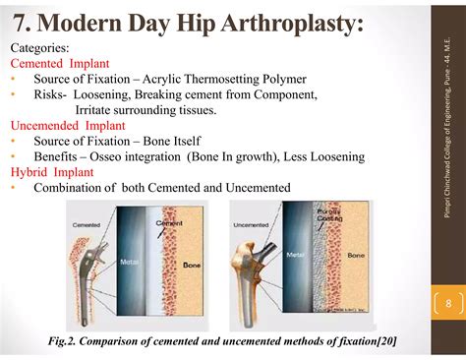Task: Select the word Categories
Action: coord(39,47)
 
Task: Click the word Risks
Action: coord(50,94)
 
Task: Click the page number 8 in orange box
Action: coord(448,303)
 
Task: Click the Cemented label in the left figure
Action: coord(87,225)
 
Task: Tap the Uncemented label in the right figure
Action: coord(254,225)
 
